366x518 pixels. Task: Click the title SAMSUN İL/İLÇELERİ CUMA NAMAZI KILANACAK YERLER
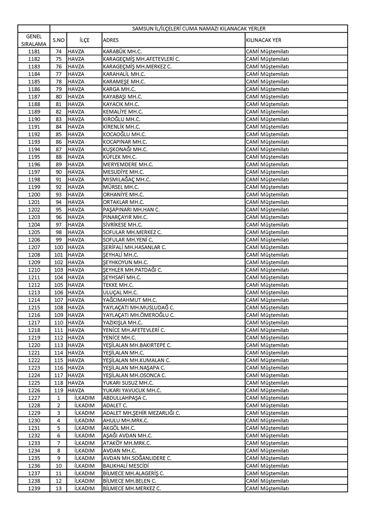pos(199,28)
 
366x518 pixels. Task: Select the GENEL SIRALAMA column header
pos(34,40)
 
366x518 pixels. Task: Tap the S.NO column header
pos(58,40)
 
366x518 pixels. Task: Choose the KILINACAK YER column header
pos(264,40)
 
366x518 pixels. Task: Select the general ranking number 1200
pos(34,195)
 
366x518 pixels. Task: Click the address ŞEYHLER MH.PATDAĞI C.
pos(133,270)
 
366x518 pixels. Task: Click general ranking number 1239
pos(34,488)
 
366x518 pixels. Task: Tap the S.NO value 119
pos(58,390)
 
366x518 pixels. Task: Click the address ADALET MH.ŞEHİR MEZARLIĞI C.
pos(141,413)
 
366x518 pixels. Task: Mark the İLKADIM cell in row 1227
pos(84,398)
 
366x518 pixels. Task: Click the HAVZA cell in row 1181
pos(76,51)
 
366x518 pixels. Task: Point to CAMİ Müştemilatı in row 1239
pos(268,488)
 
